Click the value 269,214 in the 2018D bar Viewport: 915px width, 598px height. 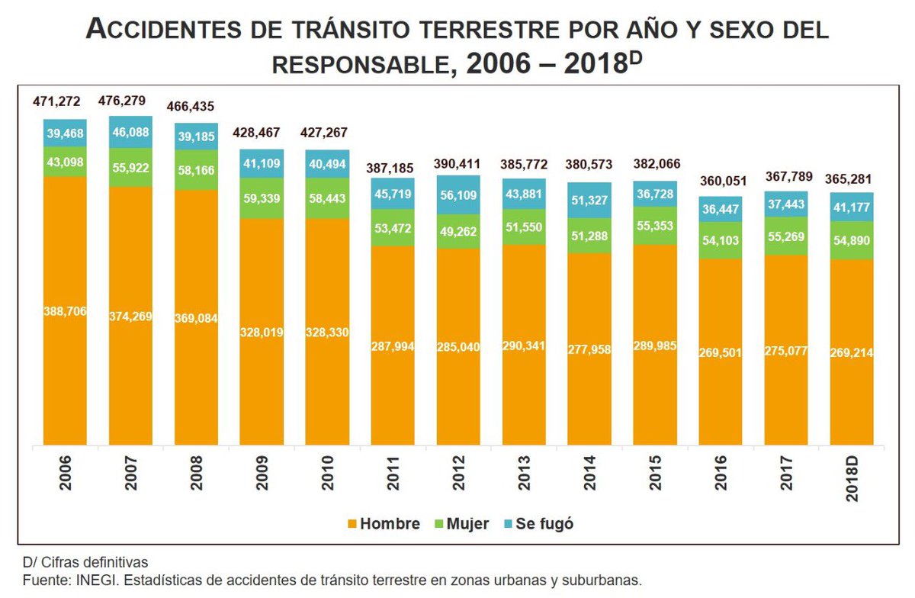[852, 352]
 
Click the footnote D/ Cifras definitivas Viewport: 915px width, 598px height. [85, 563]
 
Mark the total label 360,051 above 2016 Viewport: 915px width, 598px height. [721, 181]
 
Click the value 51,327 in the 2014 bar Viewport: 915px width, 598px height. [589, 201]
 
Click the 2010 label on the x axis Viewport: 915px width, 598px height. [328, 478]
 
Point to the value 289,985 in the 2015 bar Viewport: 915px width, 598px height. [655, 345]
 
